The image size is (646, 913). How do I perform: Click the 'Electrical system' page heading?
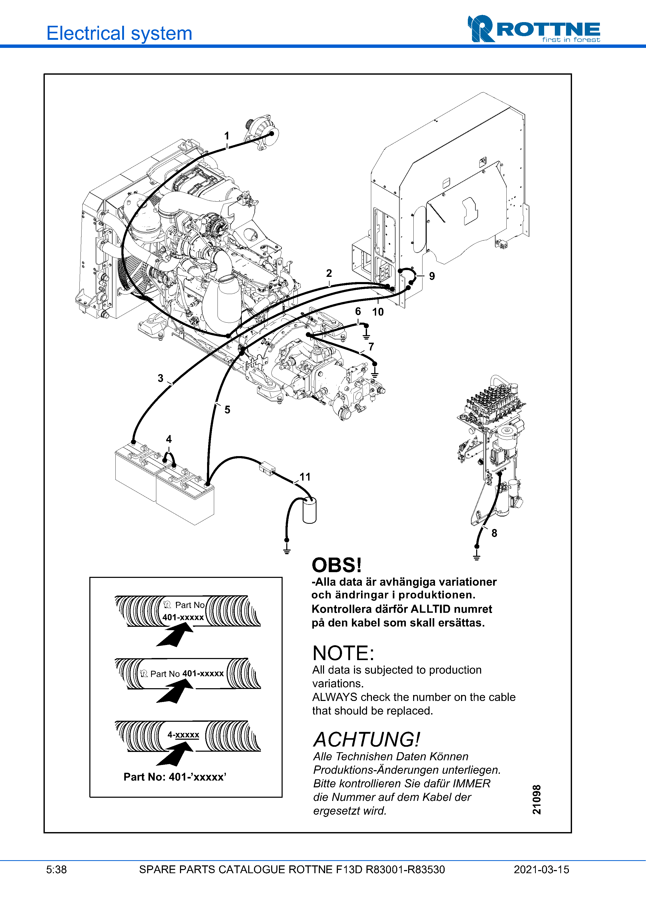coord(119,33)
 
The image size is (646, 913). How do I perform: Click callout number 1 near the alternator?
coord(226,136)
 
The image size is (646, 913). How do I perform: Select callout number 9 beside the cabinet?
coord(432,276)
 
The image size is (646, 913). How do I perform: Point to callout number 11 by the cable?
coord(305,477)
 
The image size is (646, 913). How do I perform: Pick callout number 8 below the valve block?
coord(494,533)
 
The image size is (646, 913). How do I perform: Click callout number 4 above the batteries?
coord(169,439)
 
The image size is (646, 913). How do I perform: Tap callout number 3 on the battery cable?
coord(160,378)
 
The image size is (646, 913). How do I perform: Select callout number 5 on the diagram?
coord(227,410)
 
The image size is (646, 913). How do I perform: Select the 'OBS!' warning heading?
coord(337,565)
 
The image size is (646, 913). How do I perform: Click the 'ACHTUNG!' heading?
coord(367,740)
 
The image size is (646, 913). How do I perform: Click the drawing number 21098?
coord(537,800)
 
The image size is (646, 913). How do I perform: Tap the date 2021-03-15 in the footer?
coord(541,870)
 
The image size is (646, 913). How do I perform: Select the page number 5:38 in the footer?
coord(57,870)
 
